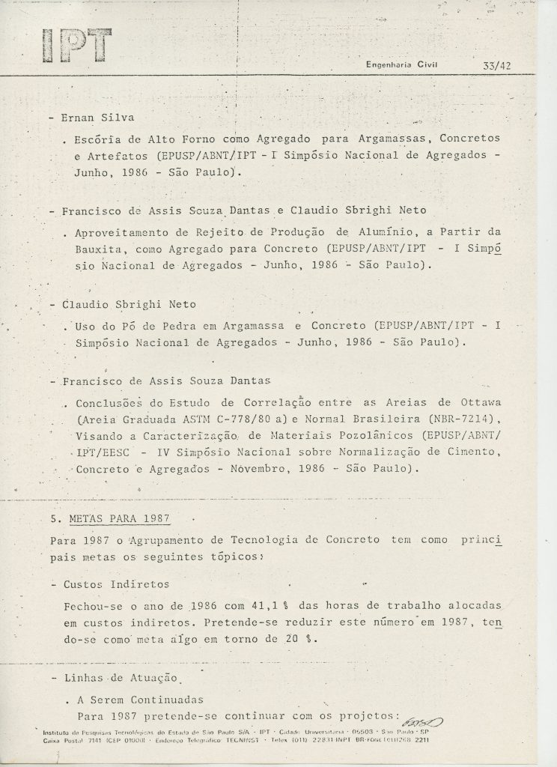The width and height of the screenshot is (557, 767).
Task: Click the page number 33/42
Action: (x=497, y=65)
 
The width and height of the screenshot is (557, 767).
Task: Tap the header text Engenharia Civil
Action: (x=401, y=65)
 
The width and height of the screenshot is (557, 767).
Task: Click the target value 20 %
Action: (x=303, y=639)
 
